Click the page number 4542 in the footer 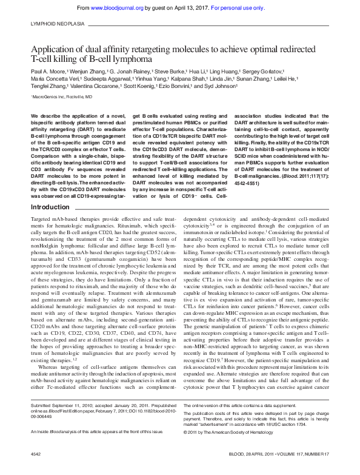pos(36,470)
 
